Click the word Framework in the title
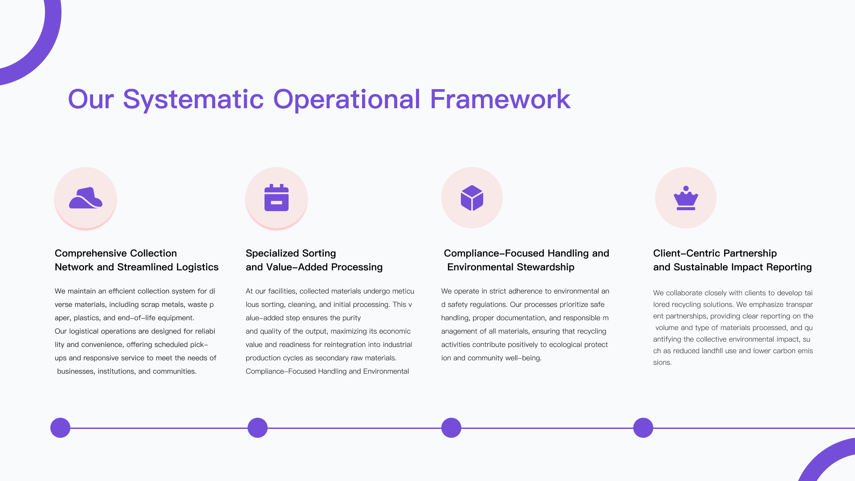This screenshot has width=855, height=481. click(x=500, y=99)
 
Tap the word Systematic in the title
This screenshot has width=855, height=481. click(x=193, y=100)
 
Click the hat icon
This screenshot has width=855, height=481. click(x=85, y=198)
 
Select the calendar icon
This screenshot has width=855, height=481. click(x=277, y=197)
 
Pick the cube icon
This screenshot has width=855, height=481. click(x=472, y=198)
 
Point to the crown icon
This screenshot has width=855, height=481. click(x=686, y=198)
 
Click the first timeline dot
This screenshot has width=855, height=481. click(x=60, y=428)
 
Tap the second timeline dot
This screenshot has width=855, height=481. click(x=257, y=428)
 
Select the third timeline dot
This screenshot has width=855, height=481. click(x=451, y=428)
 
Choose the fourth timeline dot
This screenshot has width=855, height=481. click(x=643, y=428)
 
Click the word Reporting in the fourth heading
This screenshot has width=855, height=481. click(x=791, y=267)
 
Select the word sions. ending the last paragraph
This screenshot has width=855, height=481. click(x=662, y=363)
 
